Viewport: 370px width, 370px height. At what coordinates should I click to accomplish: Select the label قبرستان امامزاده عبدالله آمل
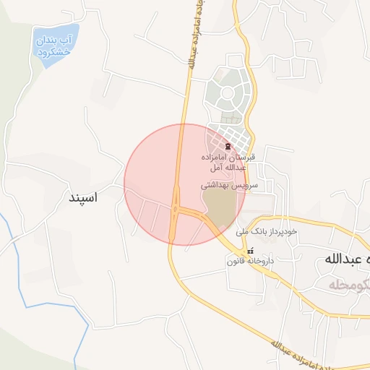(228, 162)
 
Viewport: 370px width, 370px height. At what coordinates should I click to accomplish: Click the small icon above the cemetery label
(228, 147)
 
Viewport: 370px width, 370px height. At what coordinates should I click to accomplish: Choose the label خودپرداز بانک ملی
(267, 232)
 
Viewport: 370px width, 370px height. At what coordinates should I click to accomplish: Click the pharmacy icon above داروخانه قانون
(250, 251)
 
